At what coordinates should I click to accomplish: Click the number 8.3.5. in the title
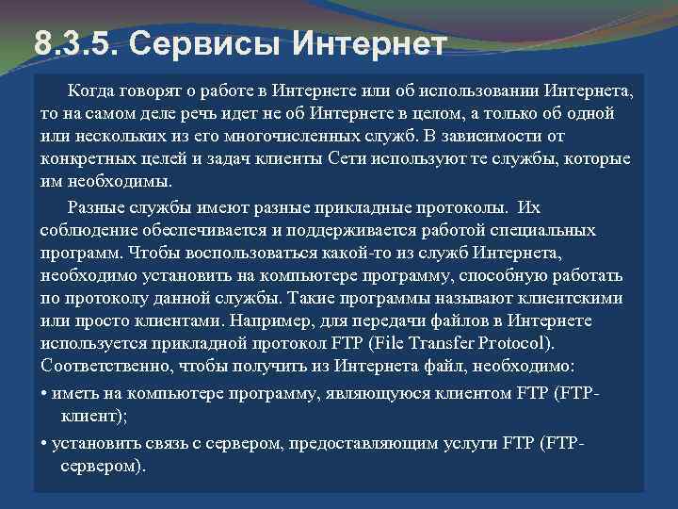73,42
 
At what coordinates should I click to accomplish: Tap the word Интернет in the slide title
363,42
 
